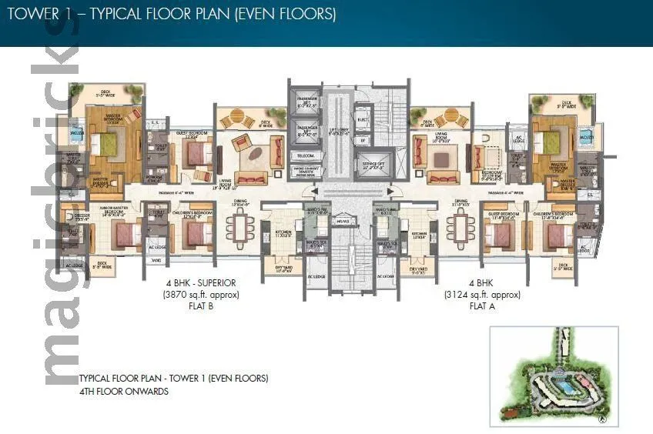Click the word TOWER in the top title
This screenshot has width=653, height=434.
(x=30, y=14)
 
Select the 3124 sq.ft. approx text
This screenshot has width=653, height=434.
(x=481, y=294)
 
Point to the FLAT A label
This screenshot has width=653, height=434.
(x=481, y=305)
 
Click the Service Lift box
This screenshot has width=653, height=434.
(x=372, y=164)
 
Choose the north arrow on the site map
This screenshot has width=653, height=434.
(x=602, y=419)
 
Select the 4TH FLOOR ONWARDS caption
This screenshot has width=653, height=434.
(x=123, y=391)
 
